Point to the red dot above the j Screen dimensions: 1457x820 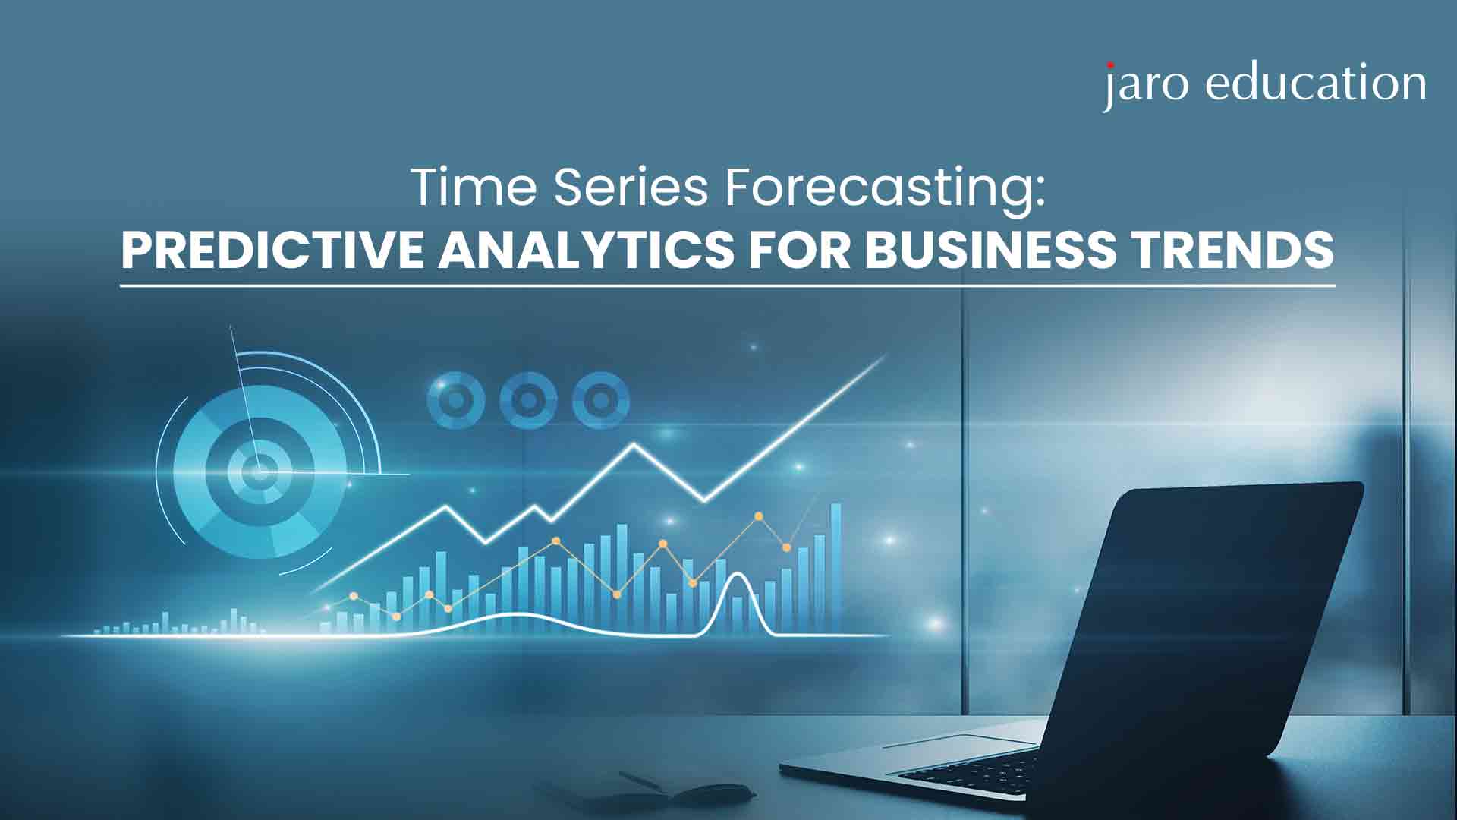click(x=1112, y=66)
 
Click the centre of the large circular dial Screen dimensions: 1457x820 click(x=260, y=472)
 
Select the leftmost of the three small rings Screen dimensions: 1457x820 click(x=456, y=399)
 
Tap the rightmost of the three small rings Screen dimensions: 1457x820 click(x=600, y=399)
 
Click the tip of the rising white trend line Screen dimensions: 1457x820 click(x=886, y=358)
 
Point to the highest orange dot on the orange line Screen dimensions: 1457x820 click(x=758, y=516)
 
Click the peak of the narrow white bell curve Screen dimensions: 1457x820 click(x=736, y=574)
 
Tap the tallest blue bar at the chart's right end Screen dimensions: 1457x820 click(x=835, y=566)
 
